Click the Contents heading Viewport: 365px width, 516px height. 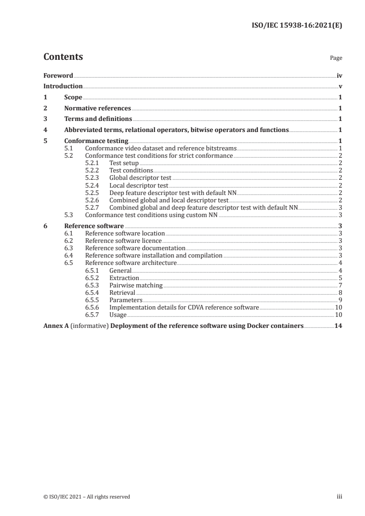point(63,57)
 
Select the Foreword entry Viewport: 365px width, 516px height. point(58,75)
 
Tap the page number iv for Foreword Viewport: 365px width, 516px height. point(339,75)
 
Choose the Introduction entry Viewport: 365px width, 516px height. point(63,86)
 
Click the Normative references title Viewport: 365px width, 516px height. point(98,109)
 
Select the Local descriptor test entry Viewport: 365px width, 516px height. point(139,185)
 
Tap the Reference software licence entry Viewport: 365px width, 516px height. point(123,241)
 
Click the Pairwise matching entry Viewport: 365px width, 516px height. point(136,285)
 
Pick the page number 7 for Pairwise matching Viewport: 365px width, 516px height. point(340,285)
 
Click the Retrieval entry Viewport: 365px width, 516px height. point(122,292)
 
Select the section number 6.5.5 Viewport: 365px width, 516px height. point(93,300)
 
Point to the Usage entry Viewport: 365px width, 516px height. point(118,315)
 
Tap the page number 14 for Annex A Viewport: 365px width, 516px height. point(338,326)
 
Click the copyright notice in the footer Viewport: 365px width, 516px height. point(87,496)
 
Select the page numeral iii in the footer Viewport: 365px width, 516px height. point(340,496)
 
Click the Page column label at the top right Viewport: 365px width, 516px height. point(336,58)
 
